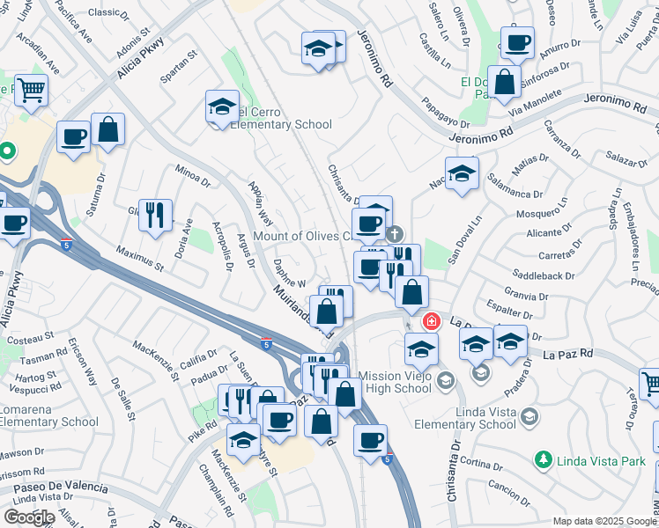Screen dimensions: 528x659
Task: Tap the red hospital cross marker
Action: [x=431, y=321]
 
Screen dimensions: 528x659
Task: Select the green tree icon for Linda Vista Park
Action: [x=544, y=459]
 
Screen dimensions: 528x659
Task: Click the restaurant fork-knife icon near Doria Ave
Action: [x=155, y=214]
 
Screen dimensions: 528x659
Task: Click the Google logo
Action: [x=29, y=517]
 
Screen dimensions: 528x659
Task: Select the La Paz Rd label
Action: [x=567, y=354]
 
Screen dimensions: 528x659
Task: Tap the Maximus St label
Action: [x=140, y=258]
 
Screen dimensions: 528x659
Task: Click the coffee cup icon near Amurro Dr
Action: [x=517, y=42]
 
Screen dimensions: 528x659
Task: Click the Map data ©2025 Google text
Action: [x=604, y=521]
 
